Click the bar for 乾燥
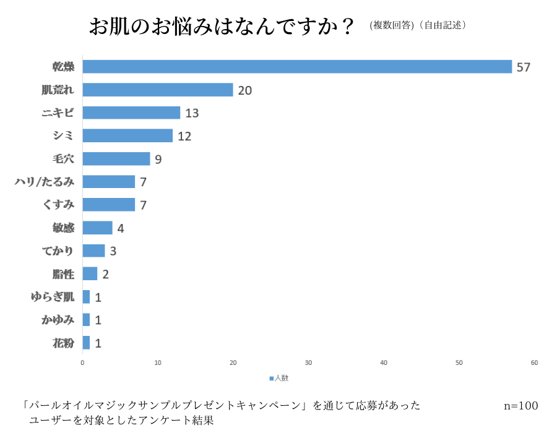[297, 67]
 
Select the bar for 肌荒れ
[158, 90]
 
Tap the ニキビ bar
[131, 113]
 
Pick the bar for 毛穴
[116, 159]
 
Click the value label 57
[524, 67]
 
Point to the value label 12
[184, 136]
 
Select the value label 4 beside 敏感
[121, 228]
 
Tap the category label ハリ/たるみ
[45, 182]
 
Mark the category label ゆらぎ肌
[53, 297]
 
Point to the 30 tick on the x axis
[308, 362]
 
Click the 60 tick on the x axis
[534, 362]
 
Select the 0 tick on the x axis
[82, 362]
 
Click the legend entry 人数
[279, 377]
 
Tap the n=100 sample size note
[520, 406]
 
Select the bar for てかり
[93, 251]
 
